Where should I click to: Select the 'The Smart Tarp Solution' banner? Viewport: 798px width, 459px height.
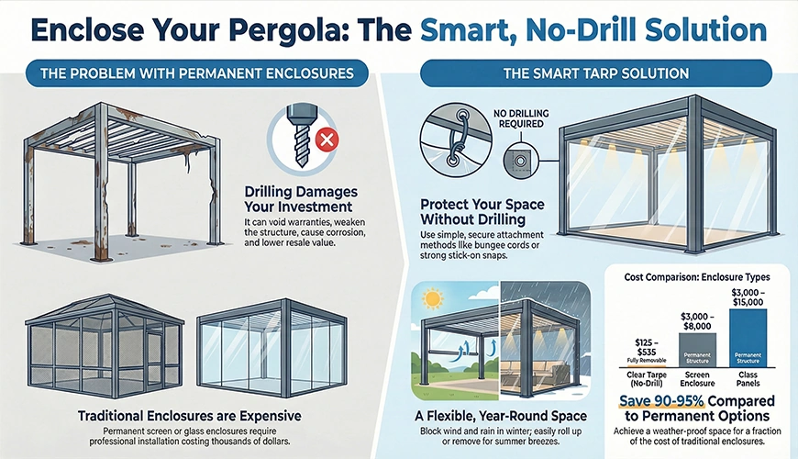pyautogui.click(x=596, y=73)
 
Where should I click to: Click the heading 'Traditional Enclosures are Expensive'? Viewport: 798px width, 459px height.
pyautogui.click(x=163, y=416)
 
